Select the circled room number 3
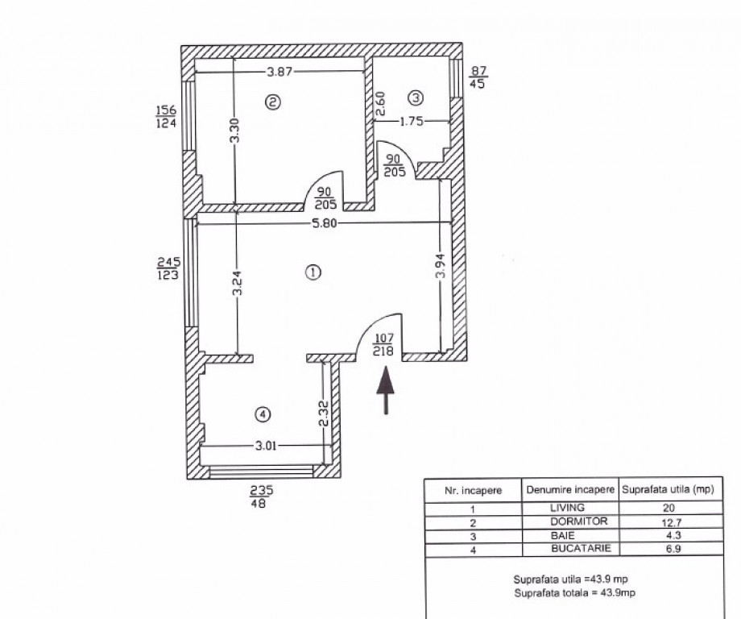point(416,98)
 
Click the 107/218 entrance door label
point(382,345)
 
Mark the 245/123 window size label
point(168,268)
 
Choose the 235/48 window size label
point(257,496)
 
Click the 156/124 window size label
point(168,116)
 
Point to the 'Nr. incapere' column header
point(474,489)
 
